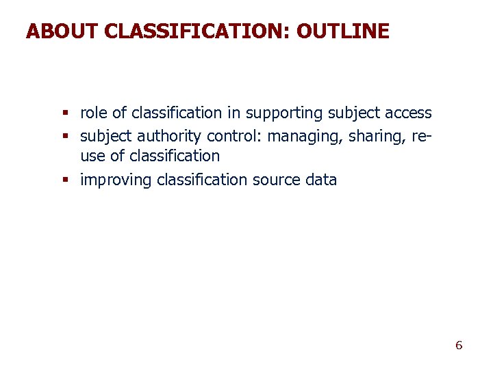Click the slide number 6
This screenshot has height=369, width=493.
(x=459, y=345)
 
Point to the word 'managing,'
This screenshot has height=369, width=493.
(x=305, y=137)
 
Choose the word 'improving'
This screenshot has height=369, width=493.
(x=116, y=180)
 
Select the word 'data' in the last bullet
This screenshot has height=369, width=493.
(x=322, y=180)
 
